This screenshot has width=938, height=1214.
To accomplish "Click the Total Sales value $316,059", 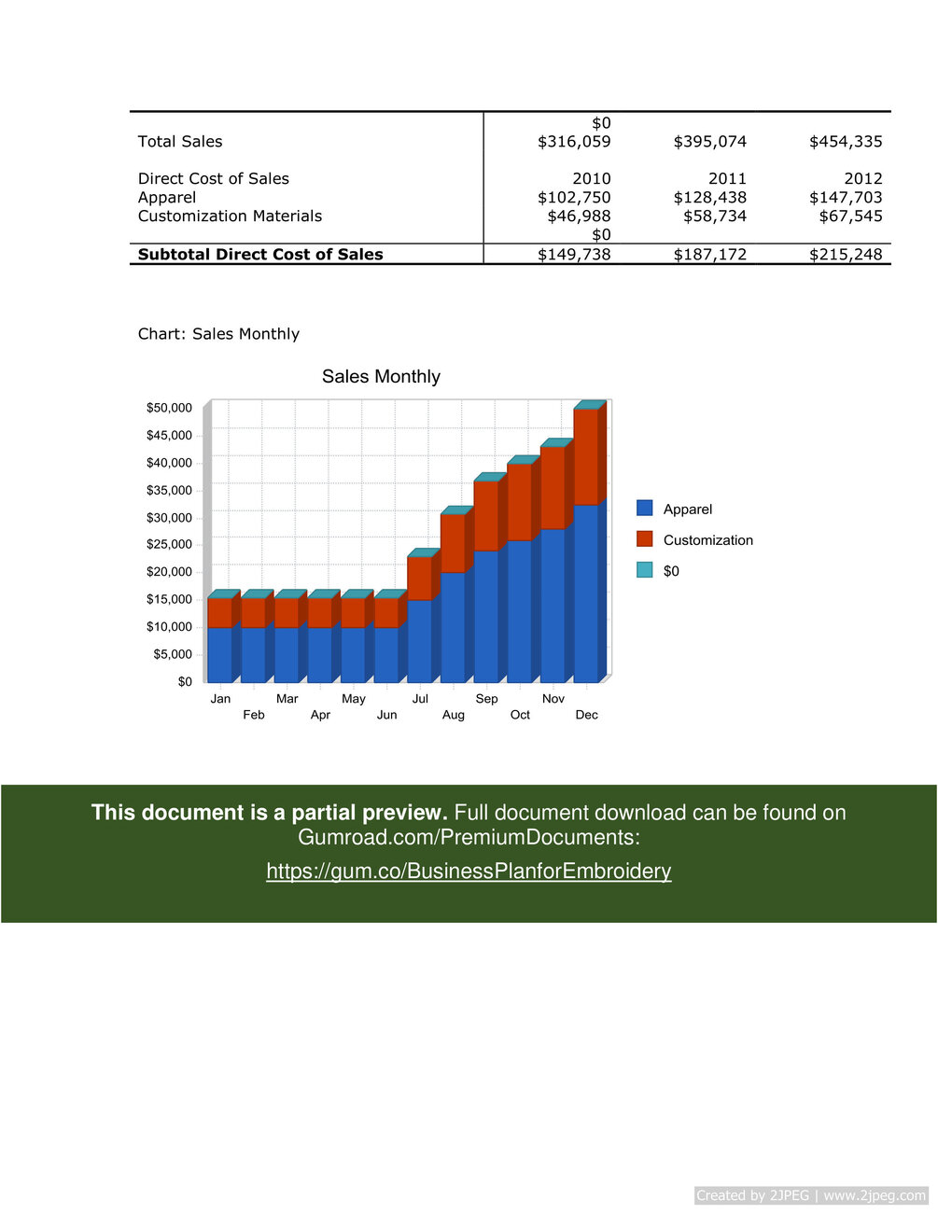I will pos(574,142).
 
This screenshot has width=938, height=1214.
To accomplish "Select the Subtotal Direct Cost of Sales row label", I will pos(260,255).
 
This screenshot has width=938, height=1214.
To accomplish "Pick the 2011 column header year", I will pos(727,179).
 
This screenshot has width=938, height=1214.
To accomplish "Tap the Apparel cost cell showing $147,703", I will pos(846,198).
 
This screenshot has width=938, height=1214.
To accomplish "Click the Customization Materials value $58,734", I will pos(710,216).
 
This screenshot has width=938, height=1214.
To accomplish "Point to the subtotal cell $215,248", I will pos(846,255).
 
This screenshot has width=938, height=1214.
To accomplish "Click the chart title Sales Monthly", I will pos(381,377).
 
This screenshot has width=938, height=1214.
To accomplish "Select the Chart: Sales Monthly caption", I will pos(218,334).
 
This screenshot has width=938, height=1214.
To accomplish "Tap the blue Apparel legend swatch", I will pos(645,509).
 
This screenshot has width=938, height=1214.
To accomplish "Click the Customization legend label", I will pos(707,540).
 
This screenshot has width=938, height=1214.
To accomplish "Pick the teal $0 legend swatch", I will pos(645,570).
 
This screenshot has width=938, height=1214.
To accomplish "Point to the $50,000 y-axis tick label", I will pos(169,408).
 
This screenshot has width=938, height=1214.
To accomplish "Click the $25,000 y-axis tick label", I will pos(169,544).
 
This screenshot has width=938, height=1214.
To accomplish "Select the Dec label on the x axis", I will pos(586,715).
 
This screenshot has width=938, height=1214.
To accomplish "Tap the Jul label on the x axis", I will pos(420,699).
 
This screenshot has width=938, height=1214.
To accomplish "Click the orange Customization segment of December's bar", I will pos(585,457).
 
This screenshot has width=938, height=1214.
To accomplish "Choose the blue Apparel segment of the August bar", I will pos(453,627).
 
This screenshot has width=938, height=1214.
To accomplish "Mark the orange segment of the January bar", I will pos(219,613).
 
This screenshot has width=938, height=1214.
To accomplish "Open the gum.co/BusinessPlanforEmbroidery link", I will pos(469,871).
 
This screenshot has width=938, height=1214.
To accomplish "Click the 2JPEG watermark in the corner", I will pos(811,1195).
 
